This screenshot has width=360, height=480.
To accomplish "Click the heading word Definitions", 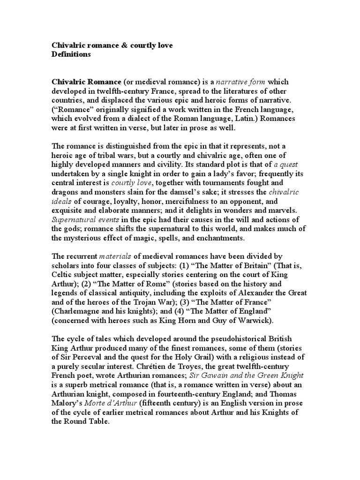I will (x=71, y=54).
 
